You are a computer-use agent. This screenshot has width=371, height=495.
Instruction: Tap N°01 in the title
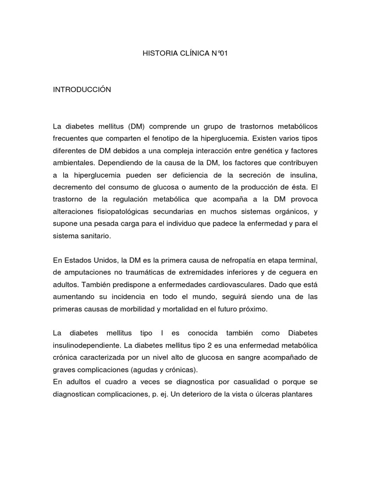point(217,55)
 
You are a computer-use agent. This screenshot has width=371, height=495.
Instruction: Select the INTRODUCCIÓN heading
point(82,90)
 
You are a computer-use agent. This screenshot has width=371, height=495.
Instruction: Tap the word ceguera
point(289,273)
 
